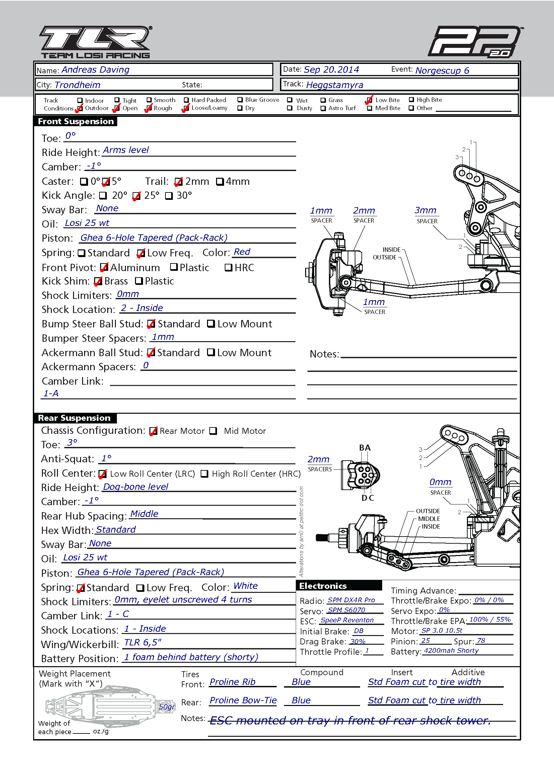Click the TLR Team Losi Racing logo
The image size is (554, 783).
[x=96, y=42]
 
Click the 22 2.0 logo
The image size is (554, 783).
[x=476, y=41]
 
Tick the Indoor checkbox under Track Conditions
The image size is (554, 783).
[x=80, y=100]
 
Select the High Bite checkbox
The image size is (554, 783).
[x=411, y=99]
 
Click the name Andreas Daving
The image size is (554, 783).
[x=95, y=70]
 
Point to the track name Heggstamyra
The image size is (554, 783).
[x=335, y=85]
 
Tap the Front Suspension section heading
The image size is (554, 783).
[x=76, y=122]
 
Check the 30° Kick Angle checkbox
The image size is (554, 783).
[x=169, y=196]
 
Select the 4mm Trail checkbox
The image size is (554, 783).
[x=220, y=181]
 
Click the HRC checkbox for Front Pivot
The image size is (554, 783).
[x=228, y=267]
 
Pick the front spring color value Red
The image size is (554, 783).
[x=242, y=252]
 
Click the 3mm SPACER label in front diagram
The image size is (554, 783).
[x=426, y=215]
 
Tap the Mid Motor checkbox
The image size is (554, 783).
[x=213, y=431]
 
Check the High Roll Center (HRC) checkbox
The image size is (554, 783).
[x=204, y=474]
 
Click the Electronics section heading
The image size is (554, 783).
[x=323, y=586]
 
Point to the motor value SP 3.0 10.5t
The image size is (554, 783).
[x=442, y=631]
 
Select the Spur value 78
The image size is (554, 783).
[x=481, y=640]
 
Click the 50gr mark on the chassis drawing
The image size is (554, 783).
[x=167, y=707]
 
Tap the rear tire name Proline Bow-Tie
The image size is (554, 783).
[x=243, y=700]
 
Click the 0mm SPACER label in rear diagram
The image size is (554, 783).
[x=440, y=487]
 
